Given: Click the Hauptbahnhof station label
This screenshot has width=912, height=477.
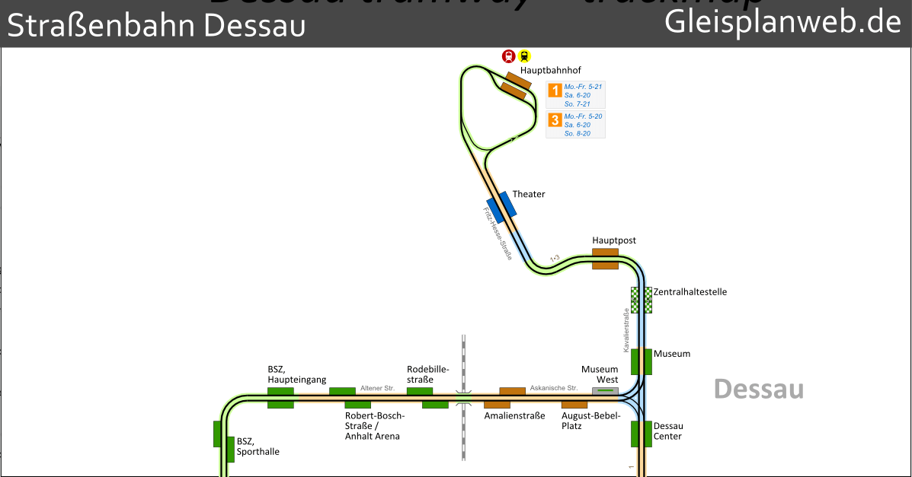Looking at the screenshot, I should click(550, 70).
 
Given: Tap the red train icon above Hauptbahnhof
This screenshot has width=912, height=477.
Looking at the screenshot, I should click(509, 56).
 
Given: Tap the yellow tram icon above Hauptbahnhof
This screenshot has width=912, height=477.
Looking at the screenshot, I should click(524, 56).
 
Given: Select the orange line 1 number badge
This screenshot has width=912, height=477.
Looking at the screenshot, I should click(555, 91).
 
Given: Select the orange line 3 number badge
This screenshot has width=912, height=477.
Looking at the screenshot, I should click(555, 120).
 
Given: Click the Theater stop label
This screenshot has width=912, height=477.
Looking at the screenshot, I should click(529, 194).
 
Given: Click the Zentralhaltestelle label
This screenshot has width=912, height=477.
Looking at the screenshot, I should click(690, 292).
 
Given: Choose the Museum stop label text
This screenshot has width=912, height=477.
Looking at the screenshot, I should click(672, 354).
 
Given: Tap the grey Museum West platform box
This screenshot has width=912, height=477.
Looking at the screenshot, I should click(606, 390).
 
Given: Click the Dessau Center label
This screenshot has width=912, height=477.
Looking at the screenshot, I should click(668, 431).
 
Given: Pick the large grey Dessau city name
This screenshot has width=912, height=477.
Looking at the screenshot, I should click(759, 389).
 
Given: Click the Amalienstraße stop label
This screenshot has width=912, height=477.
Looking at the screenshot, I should click(515, 416).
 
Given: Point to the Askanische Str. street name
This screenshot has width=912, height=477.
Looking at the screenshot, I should click(554, 388).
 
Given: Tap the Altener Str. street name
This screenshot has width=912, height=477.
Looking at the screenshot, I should click(377, 388).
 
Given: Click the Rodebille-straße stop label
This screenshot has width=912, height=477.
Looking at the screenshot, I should click(428, 374).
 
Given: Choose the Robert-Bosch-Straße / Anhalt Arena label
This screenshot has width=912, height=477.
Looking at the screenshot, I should click(375, 426).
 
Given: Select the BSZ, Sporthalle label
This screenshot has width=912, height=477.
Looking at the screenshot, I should click(258, 447).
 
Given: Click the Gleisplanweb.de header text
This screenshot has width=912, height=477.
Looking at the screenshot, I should click(783, 22).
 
